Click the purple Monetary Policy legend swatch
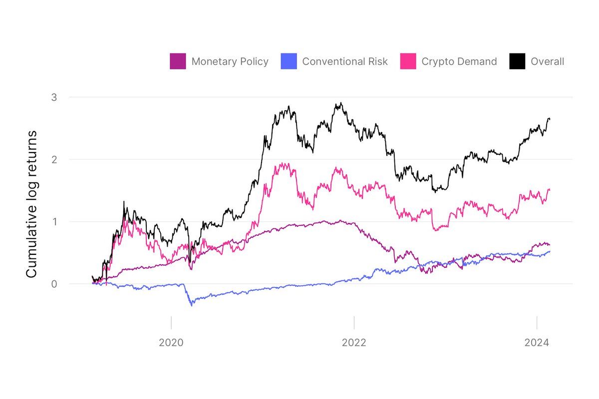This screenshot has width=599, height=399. point(178,61)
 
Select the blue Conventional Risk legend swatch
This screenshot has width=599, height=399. point(289,61)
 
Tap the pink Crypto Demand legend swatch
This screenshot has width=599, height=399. point(408,61)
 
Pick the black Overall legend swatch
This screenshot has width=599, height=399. point(518,61)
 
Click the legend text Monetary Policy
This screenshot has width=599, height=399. point(230,62)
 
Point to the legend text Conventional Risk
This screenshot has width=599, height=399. point(345,62)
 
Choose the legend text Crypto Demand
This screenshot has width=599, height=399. point(459,62)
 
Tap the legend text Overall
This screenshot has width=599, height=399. point(548,62)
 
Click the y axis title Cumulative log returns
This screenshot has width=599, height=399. point(31,204)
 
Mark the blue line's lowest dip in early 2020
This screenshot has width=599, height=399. point(192,305)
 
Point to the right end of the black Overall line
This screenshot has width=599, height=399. point(550,119)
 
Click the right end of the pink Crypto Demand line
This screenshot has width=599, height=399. point(550,189)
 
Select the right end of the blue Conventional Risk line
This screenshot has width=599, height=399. point(550,251)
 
